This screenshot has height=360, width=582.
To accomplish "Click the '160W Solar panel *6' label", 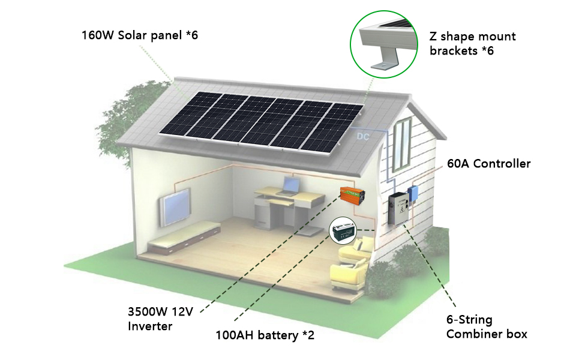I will pyautogui.click(x=139, y=35).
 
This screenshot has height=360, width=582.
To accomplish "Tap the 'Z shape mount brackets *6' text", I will pyautogui.click(x=472, y=43).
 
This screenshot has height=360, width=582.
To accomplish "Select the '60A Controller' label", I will pyautogui.click(x=489, y=163).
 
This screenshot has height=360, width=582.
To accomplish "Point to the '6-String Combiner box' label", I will pyautogui.click(x=486, y=327).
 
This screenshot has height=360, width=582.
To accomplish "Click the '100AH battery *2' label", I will pyautogui.click(x=265, y=335).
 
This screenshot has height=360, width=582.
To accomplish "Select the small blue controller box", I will pyautogui.click(x=413, y=193).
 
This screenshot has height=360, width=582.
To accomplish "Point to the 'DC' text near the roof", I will pyautogui.click(x=363, y=137).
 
